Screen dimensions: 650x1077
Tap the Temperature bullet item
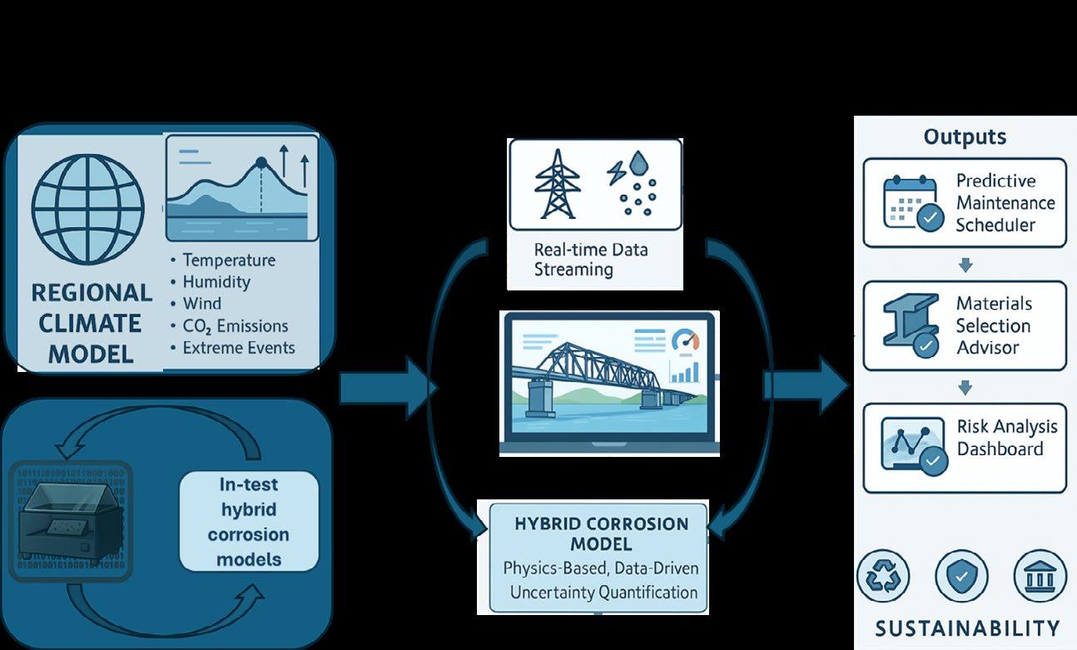point(228,260)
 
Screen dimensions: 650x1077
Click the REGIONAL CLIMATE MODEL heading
point(91,324)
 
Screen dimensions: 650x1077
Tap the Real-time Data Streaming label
point(579,259)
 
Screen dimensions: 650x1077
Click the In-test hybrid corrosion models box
point(249,521)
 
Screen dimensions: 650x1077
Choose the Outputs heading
point(965,136)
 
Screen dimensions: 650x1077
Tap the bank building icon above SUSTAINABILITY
point(1040,576)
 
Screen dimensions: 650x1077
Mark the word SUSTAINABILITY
point(965,628)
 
